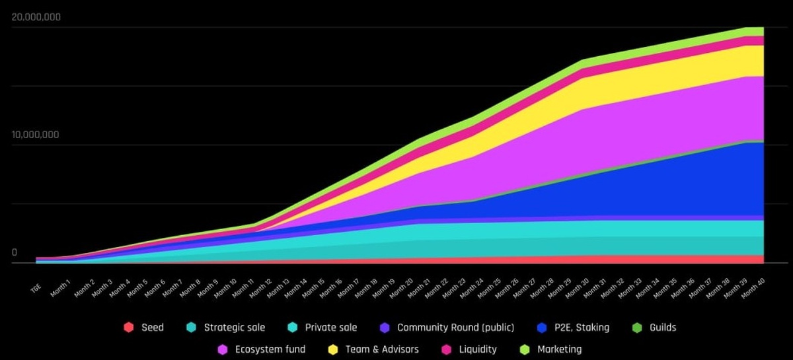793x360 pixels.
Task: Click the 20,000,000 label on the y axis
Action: (36, 17)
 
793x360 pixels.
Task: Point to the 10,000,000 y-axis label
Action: (36, 135)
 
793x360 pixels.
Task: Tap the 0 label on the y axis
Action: (15, 252)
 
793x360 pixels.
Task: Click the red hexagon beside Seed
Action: (128, 328)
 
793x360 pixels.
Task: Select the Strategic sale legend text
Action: (234, 328)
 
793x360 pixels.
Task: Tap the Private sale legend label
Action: (330, 328)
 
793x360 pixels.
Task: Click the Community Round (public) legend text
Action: (455, 328)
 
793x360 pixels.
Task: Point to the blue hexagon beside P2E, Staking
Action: (543, 328)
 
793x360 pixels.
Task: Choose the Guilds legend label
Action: (661, 328)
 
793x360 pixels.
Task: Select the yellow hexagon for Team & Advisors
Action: (333, 349)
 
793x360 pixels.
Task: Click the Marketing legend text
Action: (559, 349)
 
